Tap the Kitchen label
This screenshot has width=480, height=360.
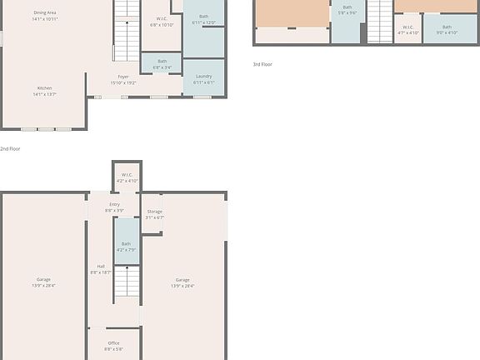[45, 91]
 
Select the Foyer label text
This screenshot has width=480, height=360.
[123, 79]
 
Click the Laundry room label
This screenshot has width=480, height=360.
[203, 79]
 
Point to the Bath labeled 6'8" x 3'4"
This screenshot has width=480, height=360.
[162, 63]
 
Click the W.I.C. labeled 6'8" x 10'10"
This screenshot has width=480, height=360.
[162, 22]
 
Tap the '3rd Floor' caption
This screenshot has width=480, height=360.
[262, 64]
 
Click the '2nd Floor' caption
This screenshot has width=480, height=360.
[10, 148]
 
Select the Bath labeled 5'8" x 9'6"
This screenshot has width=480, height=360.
[347, 10]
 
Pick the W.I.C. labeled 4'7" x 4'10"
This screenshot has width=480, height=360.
[407, 30]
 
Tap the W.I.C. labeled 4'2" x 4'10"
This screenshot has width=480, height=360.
[127, 177]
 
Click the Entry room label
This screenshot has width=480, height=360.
[114, 207]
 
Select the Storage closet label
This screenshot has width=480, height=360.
[155, 214]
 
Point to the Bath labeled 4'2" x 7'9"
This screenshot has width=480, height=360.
[127, 247]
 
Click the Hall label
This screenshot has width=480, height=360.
[100, 269]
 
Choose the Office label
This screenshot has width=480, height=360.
[114, 346]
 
